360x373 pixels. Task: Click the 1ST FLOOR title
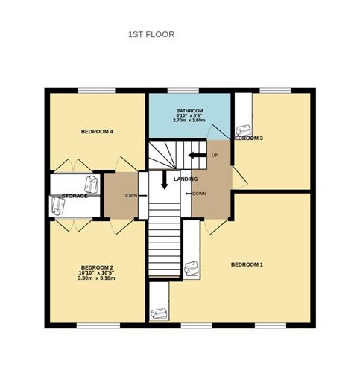(x=151, y=34)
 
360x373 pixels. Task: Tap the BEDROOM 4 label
(x=97, y=133)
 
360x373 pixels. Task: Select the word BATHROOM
(x=190, y=112)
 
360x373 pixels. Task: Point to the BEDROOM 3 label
(x=249, y=138)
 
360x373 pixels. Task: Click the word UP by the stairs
(x=215, y=156)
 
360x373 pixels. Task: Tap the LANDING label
(x=185, y=180)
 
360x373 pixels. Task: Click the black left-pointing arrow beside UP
(x=198, y=156)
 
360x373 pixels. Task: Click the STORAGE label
(x=75, y=196)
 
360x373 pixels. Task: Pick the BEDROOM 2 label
(x=97, y=267)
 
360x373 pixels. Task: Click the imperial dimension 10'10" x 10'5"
(x=97, y=273)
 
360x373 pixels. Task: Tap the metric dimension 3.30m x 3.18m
(x=97, y=279)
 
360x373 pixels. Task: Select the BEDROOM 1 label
(x=247, y=265)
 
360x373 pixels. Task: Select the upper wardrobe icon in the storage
(x=91, y=182)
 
